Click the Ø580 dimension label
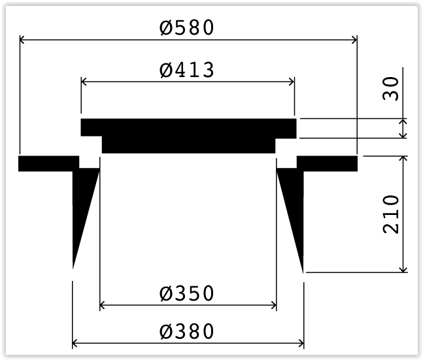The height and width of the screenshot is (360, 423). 187,27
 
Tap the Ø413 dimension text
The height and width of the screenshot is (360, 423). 187,70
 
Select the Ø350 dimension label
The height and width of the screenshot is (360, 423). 187,293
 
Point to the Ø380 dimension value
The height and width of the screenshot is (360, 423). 187,331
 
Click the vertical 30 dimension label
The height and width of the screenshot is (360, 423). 390,89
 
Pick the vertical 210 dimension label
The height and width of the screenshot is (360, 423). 390,214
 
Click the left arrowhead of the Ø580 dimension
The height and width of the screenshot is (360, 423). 22,40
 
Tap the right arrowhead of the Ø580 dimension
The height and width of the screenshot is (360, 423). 354,40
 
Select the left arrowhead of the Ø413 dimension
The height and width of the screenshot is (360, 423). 84,81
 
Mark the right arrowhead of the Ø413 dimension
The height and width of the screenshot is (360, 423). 292,81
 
